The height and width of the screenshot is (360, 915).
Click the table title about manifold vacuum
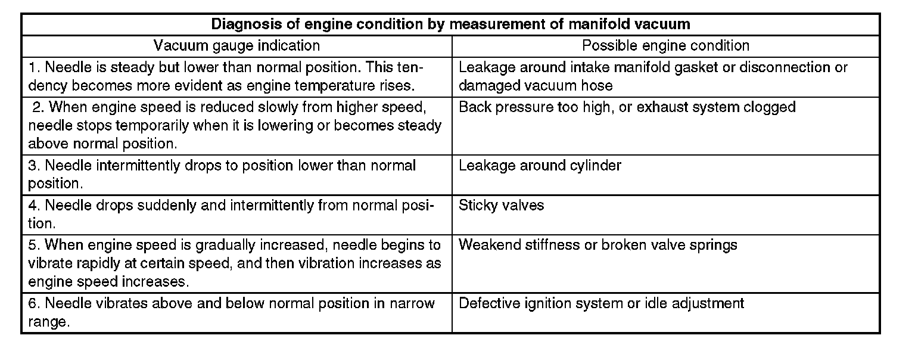pos(451,24)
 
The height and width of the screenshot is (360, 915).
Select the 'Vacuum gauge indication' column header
pos(236,45)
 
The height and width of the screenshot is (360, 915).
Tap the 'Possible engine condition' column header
pos(665,45)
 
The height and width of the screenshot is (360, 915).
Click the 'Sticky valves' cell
pos(502,206)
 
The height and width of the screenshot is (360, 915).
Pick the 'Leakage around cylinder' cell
pos(540,165)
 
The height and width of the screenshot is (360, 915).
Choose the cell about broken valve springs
pos(598,245)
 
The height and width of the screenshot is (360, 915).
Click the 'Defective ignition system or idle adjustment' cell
pos(601,303)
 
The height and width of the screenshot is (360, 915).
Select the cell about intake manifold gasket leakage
pos(653,76)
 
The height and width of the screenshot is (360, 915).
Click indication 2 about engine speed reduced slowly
pos(236,126)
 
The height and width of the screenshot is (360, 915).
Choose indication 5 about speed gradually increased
pos(236,263)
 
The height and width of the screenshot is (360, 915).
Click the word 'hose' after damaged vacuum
pos(598,85)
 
